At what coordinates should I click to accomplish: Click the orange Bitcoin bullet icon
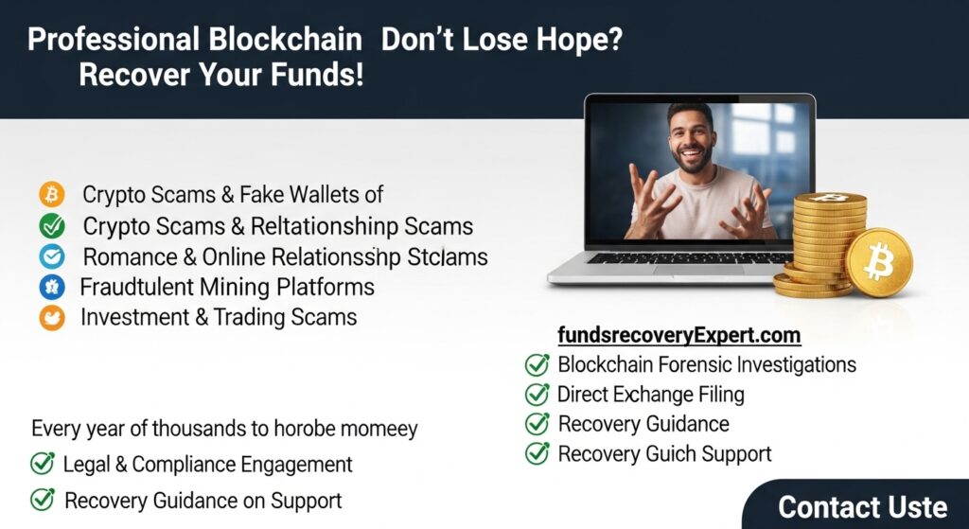pos(51,195)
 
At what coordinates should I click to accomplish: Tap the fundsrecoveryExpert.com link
pos(679,335)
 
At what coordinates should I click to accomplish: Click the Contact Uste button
pos(861,506)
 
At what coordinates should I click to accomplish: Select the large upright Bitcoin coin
pos(878,262)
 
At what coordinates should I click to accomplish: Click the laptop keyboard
pos(690,257)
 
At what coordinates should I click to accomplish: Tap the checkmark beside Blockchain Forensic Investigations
pos(537,364)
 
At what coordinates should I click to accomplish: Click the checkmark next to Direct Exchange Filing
pos(537,394)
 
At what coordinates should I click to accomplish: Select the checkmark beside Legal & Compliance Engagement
pos(43,464)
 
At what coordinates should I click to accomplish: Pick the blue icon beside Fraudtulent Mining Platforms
pos(51,287)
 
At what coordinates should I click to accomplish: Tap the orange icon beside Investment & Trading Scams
pos(51,318)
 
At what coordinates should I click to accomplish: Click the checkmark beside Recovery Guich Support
pos(537,453)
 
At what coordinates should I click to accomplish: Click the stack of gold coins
pos(821,241)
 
